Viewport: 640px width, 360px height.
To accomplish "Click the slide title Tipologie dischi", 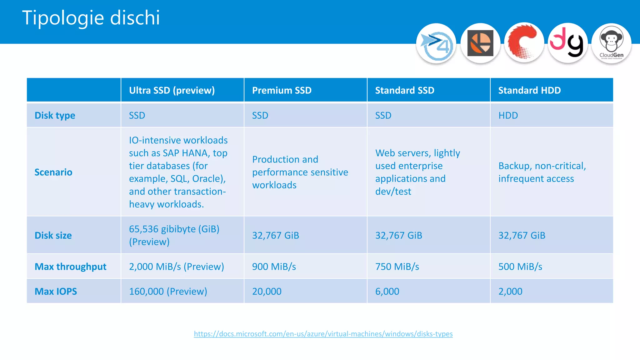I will (x=91, y=18).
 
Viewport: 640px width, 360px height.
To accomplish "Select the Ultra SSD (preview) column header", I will (x=172, y=90).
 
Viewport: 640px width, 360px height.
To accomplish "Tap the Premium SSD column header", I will (x=282, y=90).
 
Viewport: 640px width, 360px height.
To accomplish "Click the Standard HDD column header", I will (x=529, y=90).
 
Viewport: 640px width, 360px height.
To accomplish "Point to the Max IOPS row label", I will (x=56, y=291).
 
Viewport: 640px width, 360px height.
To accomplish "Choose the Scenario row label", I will (x=53, y=172).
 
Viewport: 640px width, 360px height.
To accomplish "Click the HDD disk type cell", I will (x=508, y=116).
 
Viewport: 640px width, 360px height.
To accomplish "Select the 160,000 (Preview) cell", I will (x=168, y=291).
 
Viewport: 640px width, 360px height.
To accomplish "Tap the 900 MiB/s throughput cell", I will (x=274, y=267).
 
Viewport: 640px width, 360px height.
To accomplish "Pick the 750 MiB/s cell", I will (x=397, y=267).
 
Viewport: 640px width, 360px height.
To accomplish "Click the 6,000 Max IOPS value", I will (x=387, y=291).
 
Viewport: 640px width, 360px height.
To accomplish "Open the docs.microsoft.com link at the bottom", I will (x=323, y=334).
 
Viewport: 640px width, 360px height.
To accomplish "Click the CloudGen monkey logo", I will (x=611, y=43).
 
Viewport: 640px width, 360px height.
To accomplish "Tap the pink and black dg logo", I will (x=567, y=43).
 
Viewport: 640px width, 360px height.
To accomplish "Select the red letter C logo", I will (x=524, y=43).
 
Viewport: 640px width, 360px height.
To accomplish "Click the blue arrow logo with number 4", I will (x=436, y=44).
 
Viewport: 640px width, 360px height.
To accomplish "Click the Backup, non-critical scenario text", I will (x=542, y=172).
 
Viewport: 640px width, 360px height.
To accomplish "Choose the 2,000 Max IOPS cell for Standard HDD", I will (x=510, y=291).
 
